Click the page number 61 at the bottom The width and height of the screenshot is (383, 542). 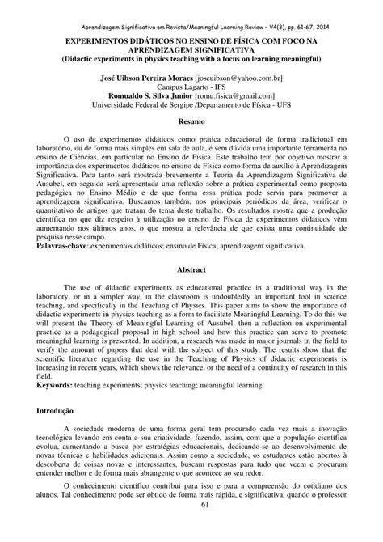(191, 528)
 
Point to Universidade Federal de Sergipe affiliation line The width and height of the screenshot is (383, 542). (191, 104)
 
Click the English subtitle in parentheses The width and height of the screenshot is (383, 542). (191, 59)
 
